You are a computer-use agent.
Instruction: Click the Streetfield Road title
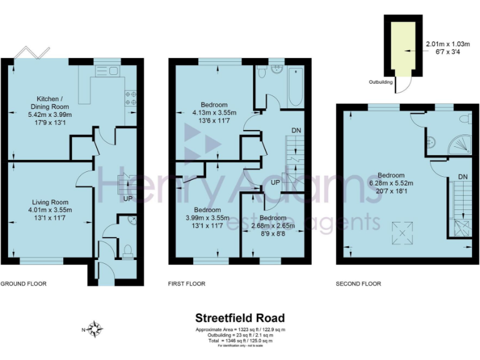239,319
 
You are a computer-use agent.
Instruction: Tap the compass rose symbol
95,327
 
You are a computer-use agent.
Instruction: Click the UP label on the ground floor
127,199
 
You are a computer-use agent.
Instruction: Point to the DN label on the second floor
462,177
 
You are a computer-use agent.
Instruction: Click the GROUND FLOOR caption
23,284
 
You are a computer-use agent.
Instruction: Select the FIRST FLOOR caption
186,284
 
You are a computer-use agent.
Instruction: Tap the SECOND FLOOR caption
358,284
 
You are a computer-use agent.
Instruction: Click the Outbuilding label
380,81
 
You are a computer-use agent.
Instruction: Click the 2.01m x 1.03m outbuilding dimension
447,44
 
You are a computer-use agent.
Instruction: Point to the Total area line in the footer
239,341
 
